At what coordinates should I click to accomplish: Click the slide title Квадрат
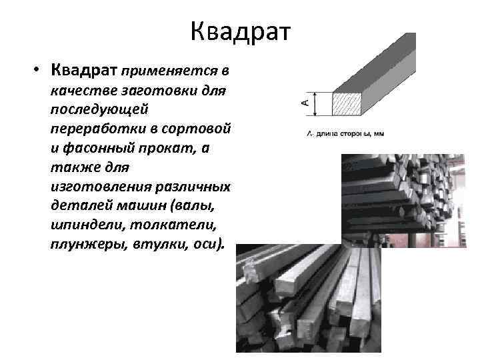click(240, 31)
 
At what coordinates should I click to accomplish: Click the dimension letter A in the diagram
click(305, 102)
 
